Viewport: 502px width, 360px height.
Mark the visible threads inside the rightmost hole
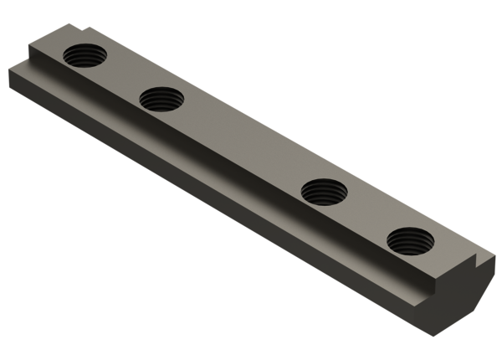pyautogui.click(x=407, y=245)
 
